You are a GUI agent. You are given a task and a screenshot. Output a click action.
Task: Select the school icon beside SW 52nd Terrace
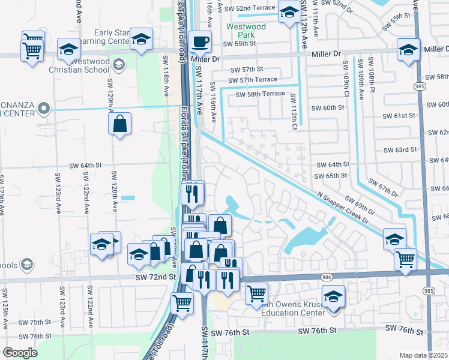coord(289,12)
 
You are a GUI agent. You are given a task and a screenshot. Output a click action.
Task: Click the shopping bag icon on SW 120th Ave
coord(120,124)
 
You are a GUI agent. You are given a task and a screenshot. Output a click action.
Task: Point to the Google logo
coord(20,353)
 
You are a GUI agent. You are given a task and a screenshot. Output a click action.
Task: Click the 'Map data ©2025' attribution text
coord(423,355)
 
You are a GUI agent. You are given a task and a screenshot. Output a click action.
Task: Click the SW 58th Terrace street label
coord(260,94)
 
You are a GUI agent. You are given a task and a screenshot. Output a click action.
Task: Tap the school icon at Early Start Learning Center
coord(141,39)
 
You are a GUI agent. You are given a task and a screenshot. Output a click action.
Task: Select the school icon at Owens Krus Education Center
coord(333,296)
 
